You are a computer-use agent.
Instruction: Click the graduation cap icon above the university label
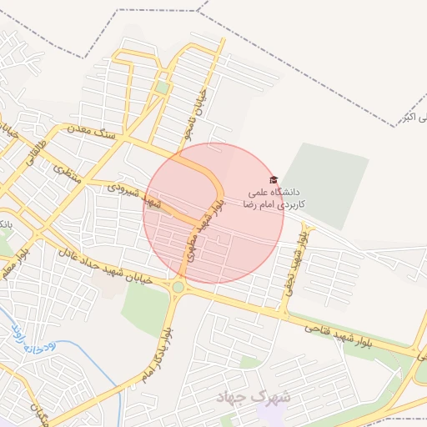tap(273, 179)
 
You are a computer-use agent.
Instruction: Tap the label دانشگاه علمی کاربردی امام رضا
tap(274, 197)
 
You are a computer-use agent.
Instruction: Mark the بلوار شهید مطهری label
tap(198, 238)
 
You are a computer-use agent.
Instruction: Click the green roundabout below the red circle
tap(178, 289)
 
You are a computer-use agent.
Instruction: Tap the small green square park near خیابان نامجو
tap(162, 87)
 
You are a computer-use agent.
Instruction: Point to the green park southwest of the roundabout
tap(146, 310)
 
